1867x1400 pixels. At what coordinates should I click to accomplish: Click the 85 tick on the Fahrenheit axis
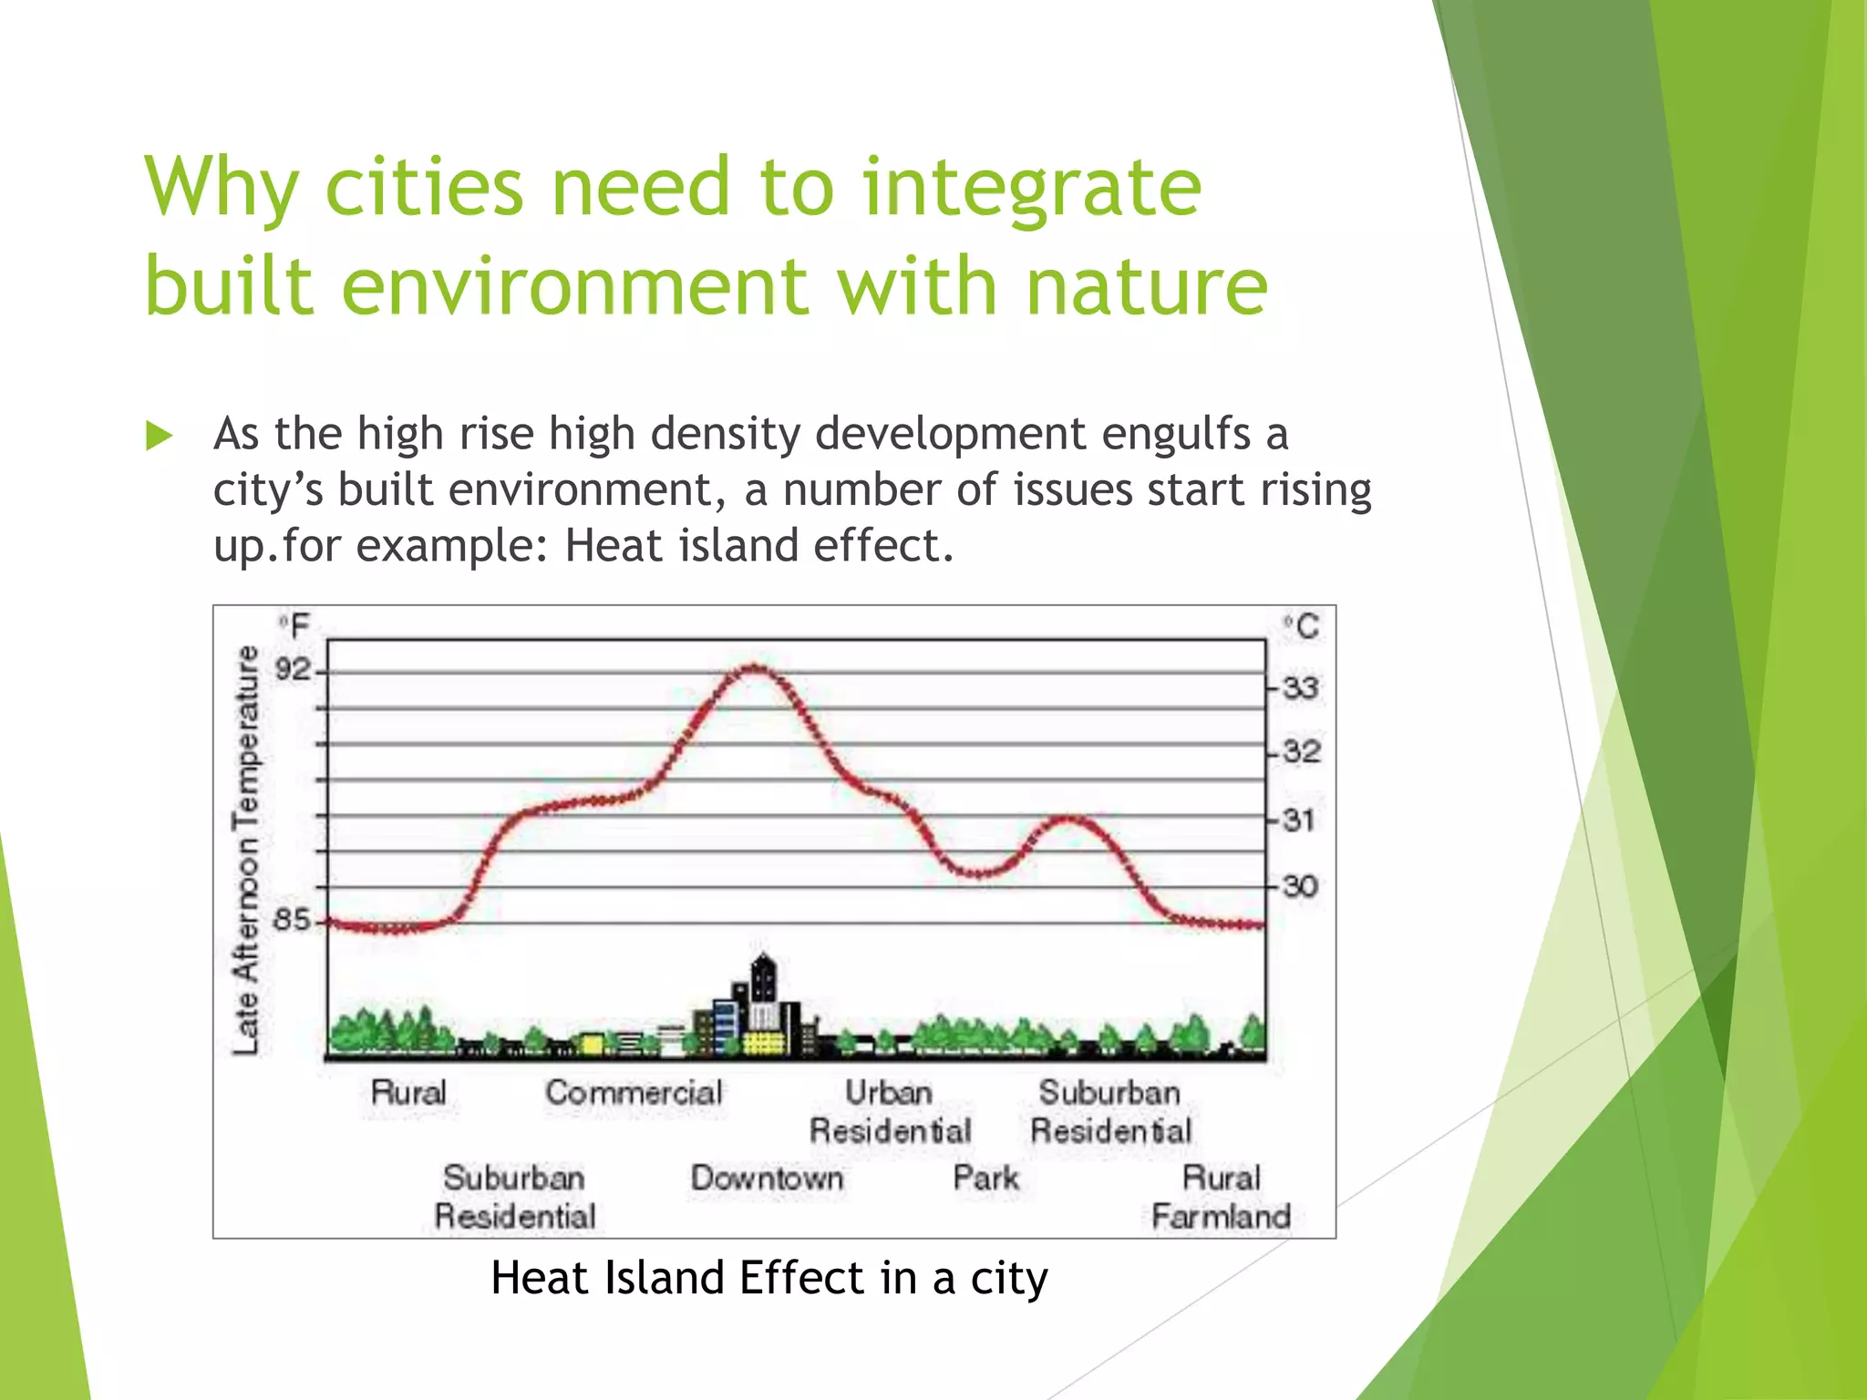click(293, 920)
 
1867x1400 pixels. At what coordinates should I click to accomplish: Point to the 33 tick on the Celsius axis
click(1299, 687)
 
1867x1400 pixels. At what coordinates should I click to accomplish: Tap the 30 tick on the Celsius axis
click(1299, 886)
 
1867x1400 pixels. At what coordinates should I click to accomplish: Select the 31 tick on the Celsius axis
click(1299, 820)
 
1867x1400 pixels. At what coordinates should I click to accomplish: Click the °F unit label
click(294, 627)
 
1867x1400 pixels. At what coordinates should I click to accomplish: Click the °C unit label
click(1302, 627)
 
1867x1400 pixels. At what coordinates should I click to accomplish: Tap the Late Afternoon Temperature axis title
click(246, 850)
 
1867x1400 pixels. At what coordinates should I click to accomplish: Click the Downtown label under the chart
click(767, 1178)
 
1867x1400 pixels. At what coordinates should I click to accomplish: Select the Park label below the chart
click(985, 1178)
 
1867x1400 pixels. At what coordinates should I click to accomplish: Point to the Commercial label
click(634, 1093)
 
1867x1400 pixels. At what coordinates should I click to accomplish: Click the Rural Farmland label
click(1221, 1197)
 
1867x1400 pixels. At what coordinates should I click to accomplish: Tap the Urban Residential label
click(890, 1112)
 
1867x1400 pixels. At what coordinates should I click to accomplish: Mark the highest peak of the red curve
click(755, 668)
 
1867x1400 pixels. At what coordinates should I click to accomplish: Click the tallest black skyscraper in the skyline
click(764, 984)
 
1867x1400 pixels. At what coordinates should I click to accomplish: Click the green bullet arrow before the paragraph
click(160, 436)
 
